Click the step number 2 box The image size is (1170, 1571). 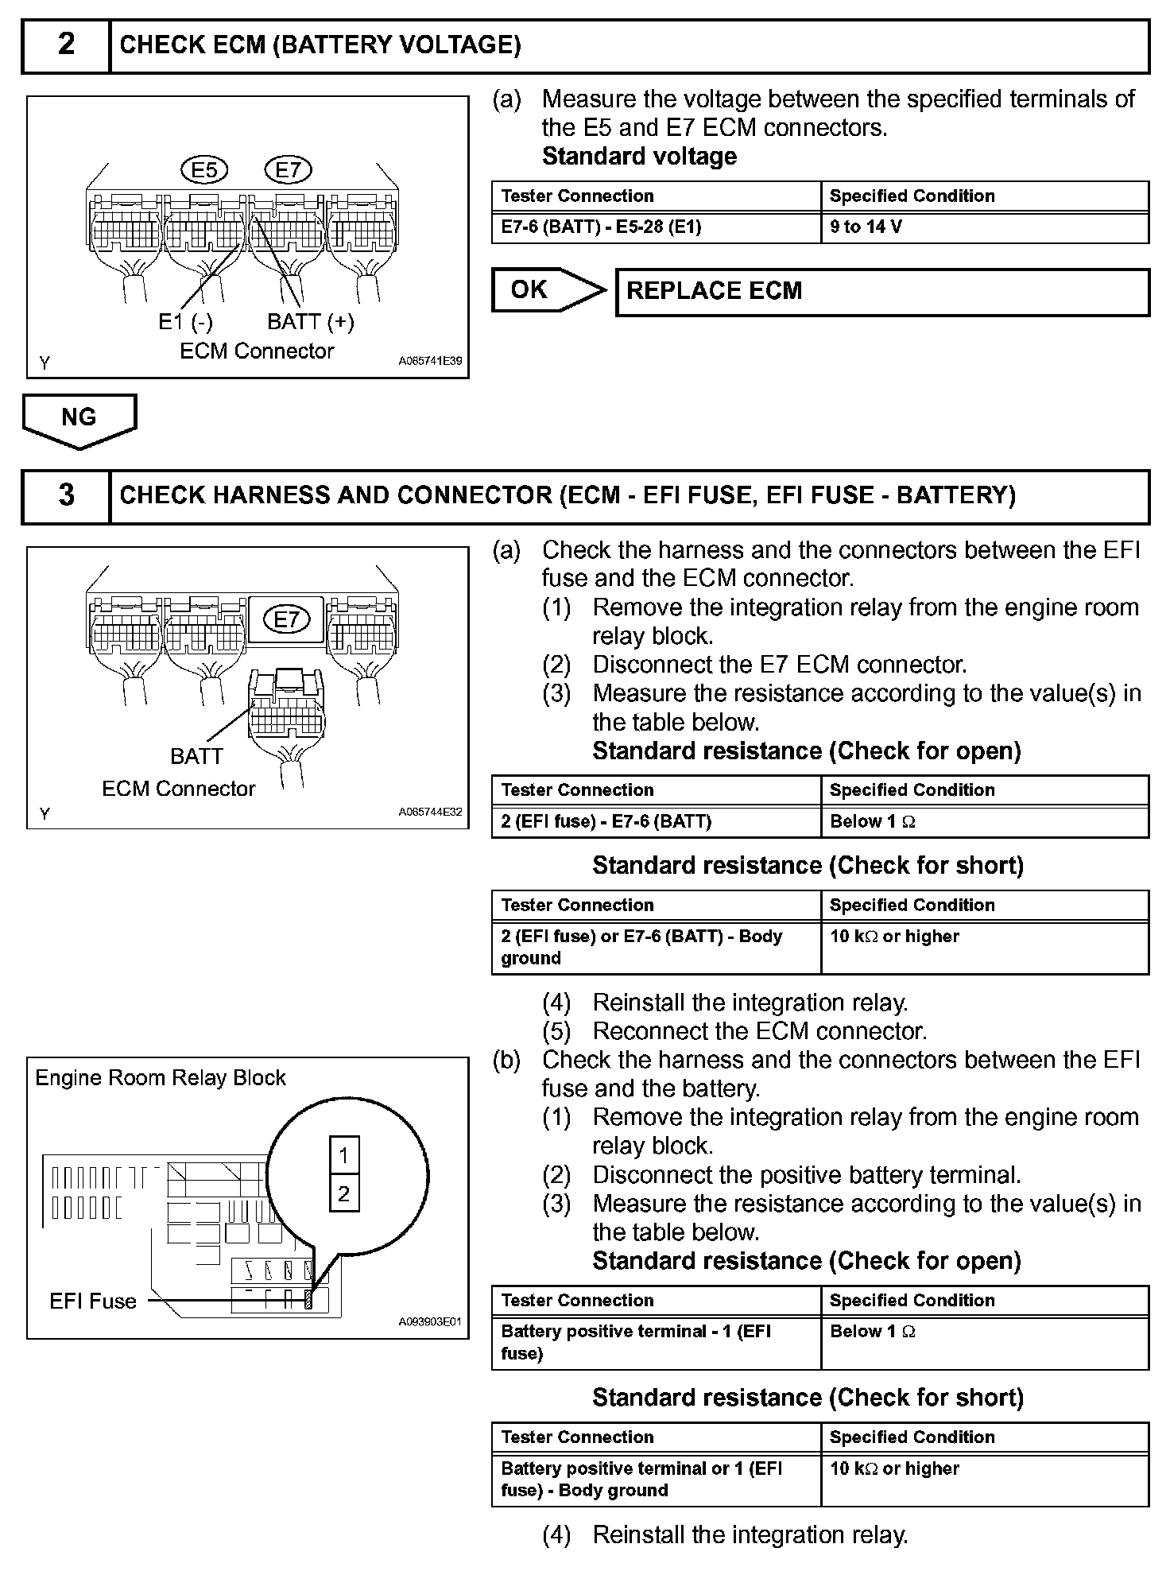[x=66, y=46]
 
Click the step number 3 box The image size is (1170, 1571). [x=66, y=496]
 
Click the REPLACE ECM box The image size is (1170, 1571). [x=882, y=292]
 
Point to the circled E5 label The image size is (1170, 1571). [x=204, y=169]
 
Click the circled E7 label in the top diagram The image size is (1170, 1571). [x=288, y=169]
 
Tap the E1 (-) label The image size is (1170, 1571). [x=185, y=322]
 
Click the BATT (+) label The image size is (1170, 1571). [x=310, y=322]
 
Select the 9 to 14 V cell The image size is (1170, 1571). [x=984, y=227]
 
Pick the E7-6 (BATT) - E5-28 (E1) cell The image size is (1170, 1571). [x=656, y=227]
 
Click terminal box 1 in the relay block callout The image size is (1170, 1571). [x=344, y=1155]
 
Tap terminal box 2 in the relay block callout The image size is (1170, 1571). [x=344, y=1193]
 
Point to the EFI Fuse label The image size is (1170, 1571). [x=92, y=1301]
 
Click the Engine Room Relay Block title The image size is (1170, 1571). [x=161, y=1078]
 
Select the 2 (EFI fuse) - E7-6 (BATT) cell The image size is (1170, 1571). [x=656, y=822]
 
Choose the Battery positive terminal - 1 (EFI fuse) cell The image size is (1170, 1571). [x=656, y=1342]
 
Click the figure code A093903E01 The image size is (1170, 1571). [x=430, y=1323]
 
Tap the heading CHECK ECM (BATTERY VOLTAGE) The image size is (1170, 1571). [x=320, y=45]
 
